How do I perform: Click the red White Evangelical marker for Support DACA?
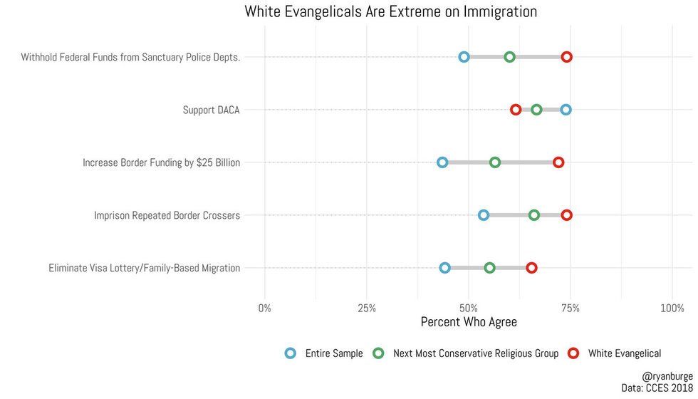[516, 110]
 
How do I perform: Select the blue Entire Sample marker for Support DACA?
[566, 110]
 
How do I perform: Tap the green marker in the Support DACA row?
[536, 110]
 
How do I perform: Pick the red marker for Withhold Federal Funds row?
[566, 57]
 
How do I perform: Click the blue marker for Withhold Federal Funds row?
[464, 57]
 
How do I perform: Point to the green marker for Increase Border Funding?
[495, 162]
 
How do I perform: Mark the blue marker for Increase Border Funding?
[442, 162]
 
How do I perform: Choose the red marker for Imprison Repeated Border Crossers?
[566, 215]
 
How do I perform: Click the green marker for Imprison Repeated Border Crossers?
[534, 215]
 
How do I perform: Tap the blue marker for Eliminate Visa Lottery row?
[445, 268]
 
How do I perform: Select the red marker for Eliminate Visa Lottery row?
[531, 268]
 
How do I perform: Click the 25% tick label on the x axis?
[367, 309]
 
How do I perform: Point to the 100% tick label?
[672, 309]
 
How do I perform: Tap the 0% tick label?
[265, 309]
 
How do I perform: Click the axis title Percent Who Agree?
[469, 322]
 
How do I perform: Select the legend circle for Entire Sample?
[290, 353]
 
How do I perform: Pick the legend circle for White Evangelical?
[573, 353]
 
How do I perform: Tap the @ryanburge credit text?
[667, 375]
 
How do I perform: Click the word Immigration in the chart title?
[493, 11]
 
